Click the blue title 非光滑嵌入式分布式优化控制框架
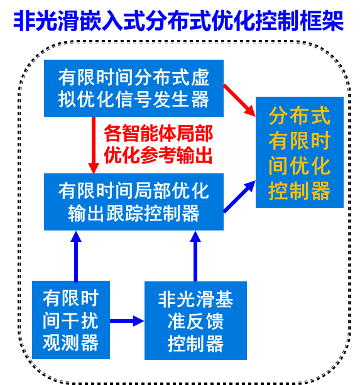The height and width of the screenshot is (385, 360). [178, 21]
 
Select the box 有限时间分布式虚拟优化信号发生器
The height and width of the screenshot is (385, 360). [134, 88]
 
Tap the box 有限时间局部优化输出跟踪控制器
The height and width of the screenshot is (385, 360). [134, 202]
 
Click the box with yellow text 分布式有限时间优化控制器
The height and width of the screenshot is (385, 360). [299, 152]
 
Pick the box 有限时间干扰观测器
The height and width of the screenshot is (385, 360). [71, 320]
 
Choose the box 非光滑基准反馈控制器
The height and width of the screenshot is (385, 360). [195, 320]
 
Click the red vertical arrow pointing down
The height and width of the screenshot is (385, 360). [94, 145]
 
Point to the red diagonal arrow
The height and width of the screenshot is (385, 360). [239, 100]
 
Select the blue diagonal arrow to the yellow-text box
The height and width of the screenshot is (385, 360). [239, 197]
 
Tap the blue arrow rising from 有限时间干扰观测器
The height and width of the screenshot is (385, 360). [76, 256]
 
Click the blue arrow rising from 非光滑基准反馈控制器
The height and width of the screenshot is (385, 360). [195, 256]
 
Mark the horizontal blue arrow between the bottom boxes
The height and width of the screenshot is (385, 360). [127, 321]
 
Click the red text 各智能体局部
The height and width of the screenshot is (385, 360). [158, 134]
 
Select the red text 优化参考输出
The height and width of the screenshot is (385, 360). [158, 155]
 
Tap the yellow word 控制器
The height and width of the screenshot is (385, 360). [299, 191]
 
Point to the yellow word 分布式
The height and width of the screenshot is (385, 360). [299, 116]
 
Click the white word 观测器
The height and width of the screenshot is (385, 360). [71, 342]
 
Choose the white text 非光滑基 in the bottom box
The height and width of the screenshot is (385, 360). [195, 299]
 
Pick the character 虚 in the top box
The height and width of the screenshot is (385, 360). [200, 77]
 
